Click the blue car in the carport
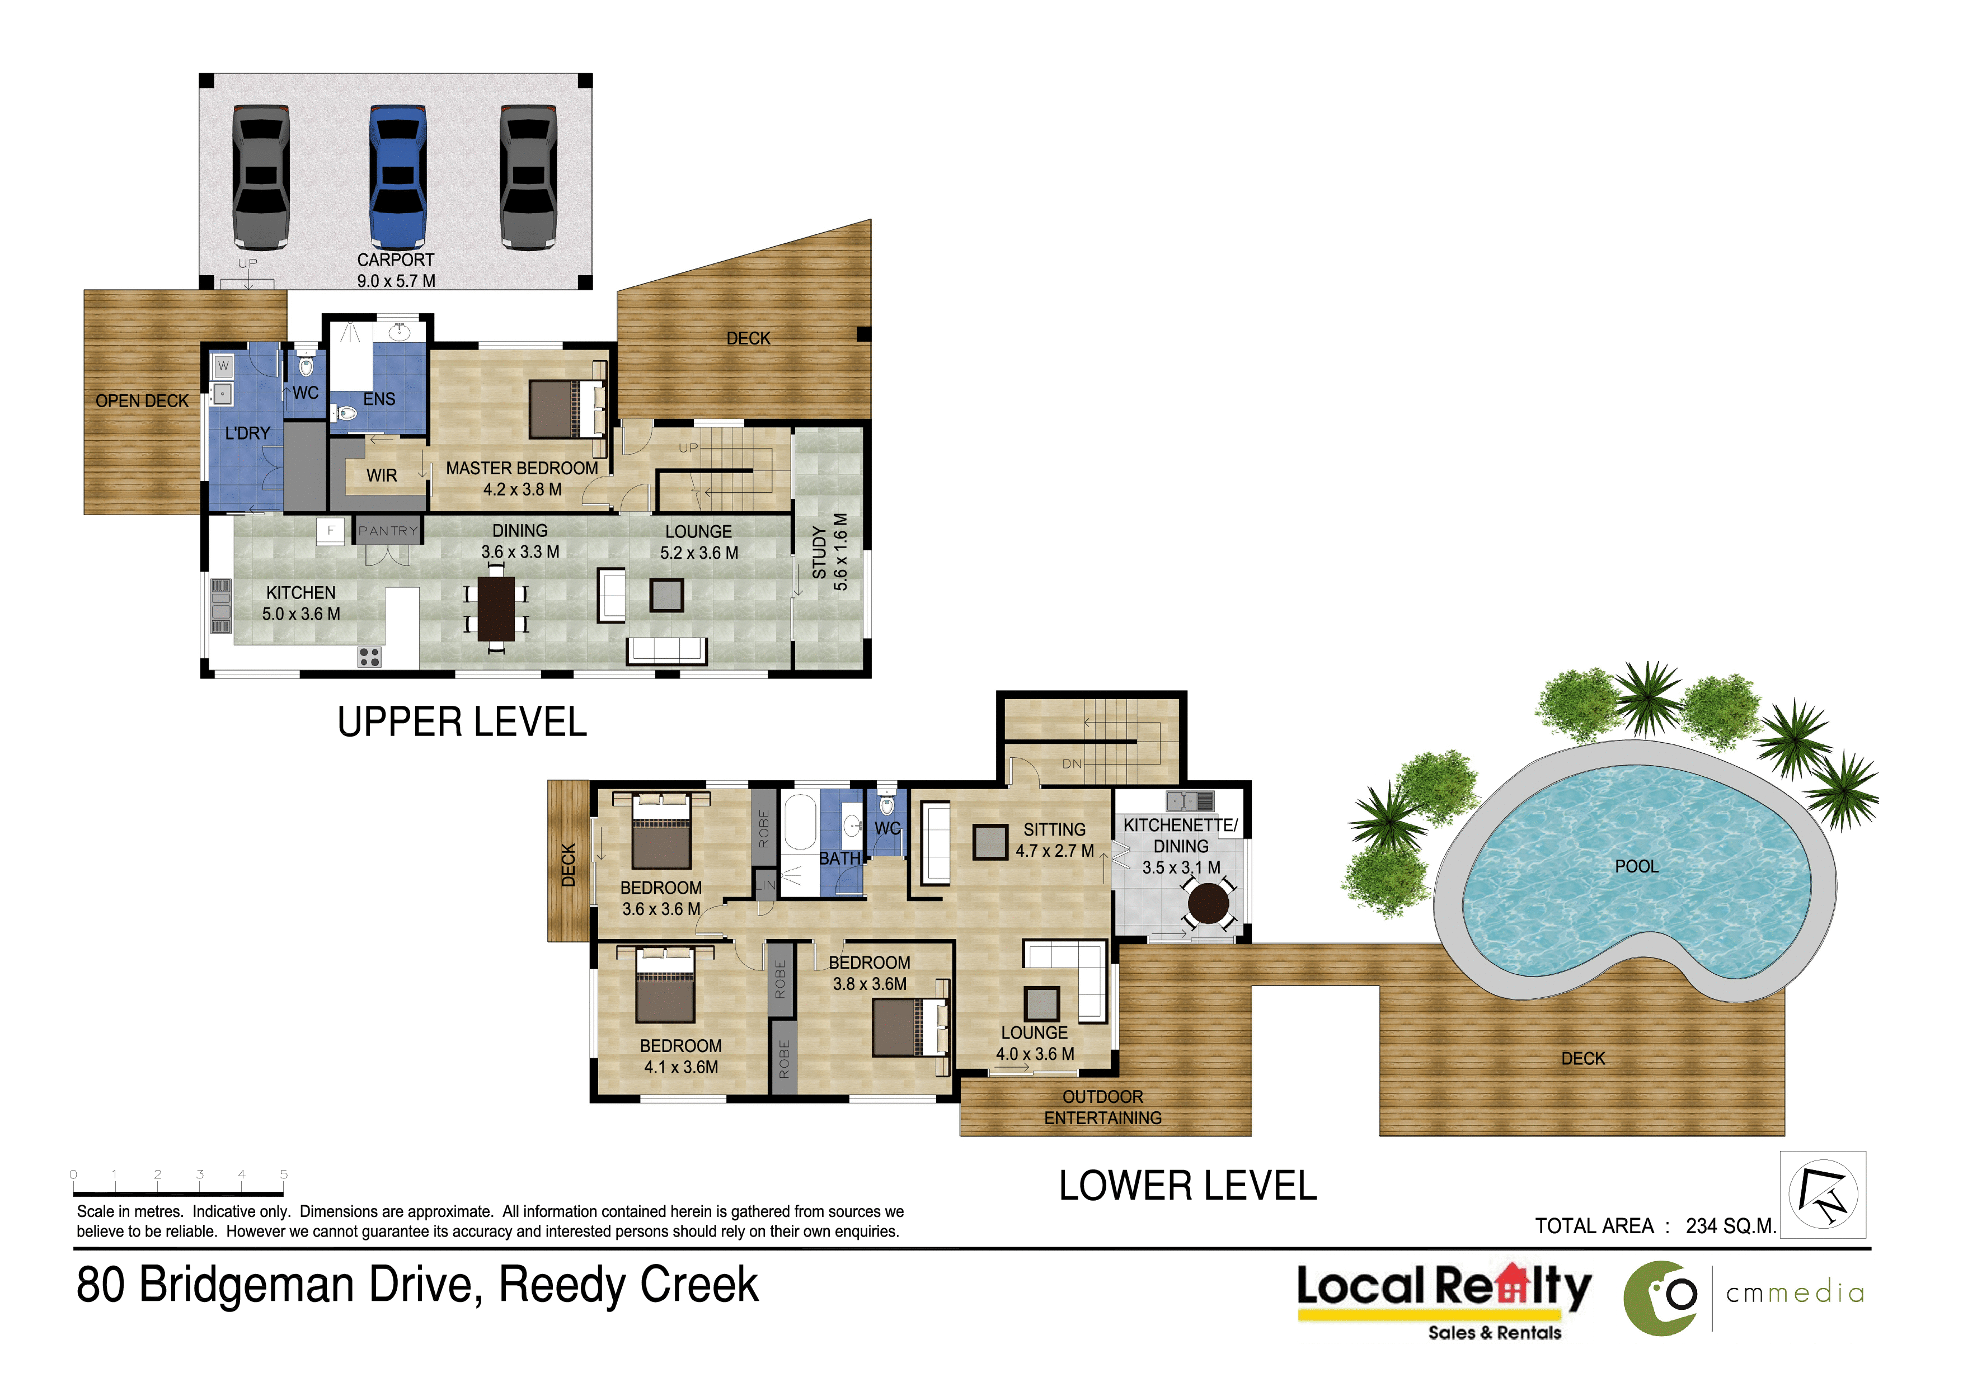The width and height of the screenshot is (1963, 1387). [397, 177]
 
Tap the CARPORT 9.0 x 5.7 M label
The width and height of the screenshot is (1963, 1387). [396, 270]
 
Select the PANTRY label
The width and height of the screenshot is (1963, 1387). [388, 531]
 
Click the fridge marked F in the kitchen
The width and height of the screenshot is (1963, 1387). [331, 531]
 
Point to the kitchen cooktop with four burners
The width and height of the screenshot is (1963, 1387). [369, 657]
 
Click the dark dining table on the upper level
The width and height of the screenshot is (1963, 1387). [496, 608]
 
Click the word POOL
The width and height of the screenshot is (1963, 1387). [1636, 866]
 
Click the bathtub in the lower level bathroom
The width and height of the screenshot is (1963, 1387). [800, 822]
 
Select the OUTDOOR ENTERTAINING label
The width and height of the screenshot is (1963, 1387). [1103, 1107]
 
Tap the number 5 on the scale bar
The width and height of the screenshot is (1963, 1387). [284, 1174]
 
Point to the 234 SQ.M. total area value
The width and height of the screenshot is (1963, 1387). [1730, 1226]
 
